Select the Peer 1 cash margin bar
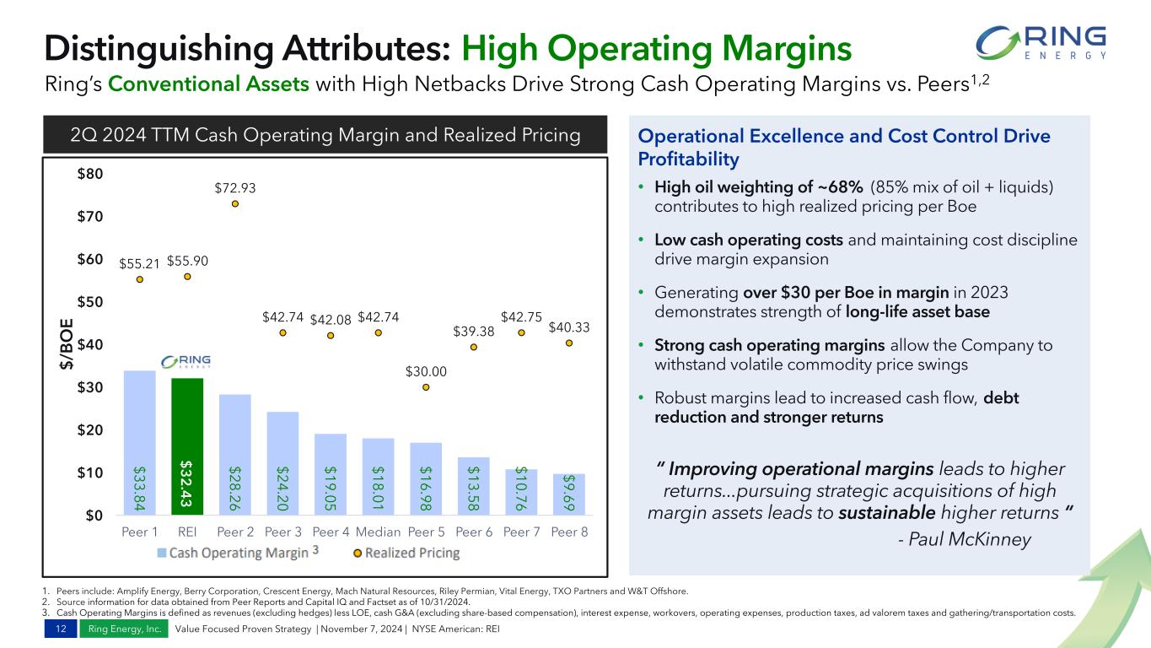click(140, 442)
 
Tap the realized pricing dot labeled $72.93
click(235, 203)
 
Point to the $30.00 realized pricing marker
click(426, 387)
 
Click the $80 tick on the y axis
click(89, 175)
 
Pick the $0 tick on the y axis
click(93, 516)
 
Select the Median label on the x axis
click(378, 532)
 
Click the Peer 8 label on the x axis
click(569, 532)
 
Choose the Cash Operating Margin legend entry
click(231, 553)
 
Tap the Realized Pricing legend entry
click(406, 553)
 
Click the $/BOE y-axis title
click(66, 344)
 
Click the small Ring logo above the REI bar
click(186, 362)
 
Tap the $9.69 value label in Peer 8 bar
click(569, 494)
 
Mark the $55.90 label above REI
click(187, 261)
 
